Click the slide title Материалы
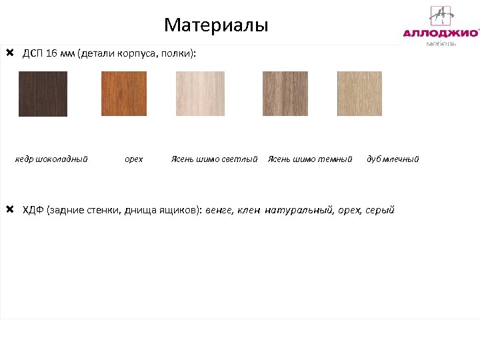pyautogui.click(x=216, y=25)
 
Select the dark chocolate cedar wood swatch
pyautogui.click(x=43, y=94)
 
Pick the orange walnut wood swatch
pyautogui.click(x=123, y=94)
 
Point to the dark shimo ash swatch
pyautogui.click(x=285, y=94)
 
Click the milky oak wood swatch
pyautogui.click(x=359, y=94)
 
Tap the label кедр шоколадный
pyautogui.click(x=51, y=159)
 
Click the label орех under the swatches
pyautogui.click(x=133, y=159)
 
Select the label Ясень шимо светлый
pyautogui.click(x=214, y=159)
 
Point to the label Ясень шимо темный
pyautogui.click(x=309, y=159)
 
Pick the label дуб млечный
pyautogui.click(x=393, y=159)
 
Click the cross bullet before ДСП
pyautogui.click(x=9, y=53)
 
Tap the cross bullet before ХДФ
pyautogui.click(x=9, y=210)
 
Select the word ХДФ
pyautogui.click(x=33, y=211)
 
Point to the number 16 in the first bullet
pyautogui.click(x=52, y=53)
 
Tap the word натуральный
pyautogui.click(x=298, y=211)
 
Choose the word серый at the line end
pyautogui.click(x=380, y=211)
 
